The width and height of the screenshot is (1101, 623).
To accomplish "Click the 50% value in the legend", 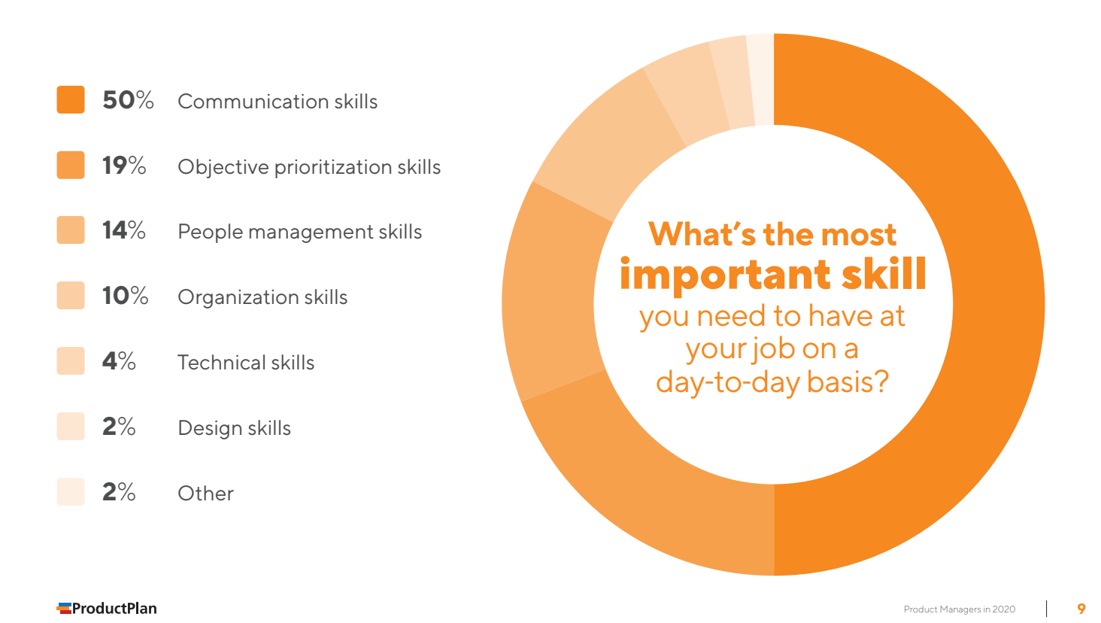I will point(128,100).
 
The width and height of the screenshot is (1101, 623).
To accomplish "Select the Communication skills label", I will point(278,102).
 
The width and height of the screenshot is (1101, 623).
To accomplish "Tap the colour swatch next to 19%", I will point(71,165).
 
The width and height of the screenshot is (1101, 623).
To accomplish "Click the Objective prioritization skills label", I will point(309,167).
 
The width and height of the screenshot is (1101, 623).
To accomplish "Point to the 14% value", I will point(124,230).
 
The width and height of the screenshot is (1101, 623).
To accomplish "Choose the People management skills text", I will point(299,232).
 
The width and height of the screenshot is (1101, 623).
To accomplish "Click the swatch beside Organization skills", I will point(71,296).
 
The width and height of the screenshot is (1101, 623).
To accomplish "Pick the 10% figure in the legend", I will point(125,296).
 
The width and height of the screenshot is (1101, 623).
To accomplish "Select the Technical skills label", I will point(246,363).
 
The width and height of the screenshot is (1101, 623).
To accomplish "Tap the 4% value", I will point(119,361).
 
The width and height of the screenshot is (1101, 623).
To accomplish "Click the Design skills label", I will point(234,428).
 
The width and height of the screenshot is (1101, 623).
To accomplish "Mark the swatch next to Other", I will point(71,491).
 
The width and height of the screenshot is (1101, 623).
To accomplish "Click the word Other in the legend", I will point(205,494).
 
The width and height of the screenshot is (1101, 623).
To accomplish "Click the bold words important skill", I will point(772,275).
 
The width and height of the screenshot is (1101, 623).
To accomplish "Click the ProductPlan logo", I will point(107,608).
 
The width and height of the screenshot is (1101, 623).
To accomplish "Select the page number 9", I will point(1081,609).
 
